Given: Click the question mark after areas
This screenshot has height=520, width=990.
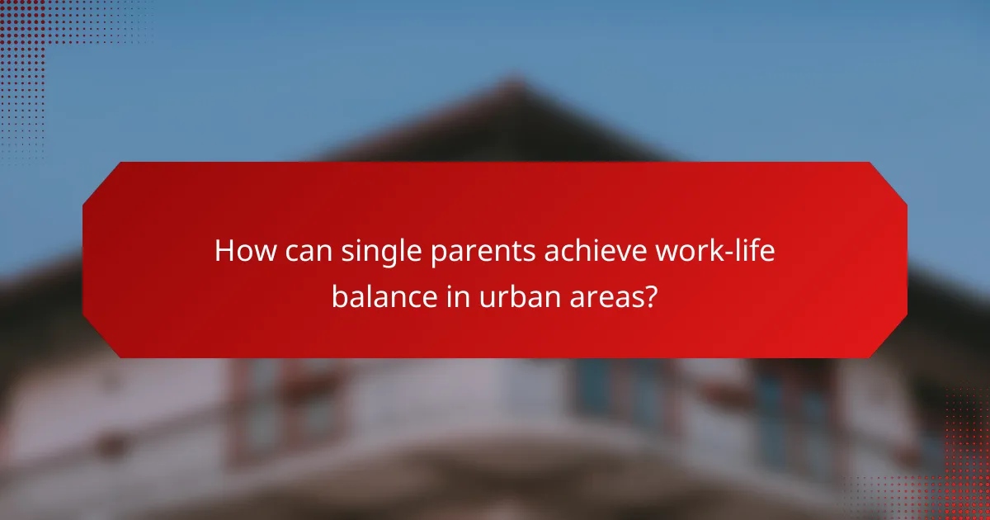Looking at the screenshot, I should pos(651,296).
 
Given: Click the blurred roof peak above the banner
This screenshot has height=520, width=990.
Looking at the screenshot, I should pos(511,91).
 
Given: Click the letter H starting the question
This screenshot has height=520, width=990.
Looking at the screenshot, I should pos(224,252).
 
